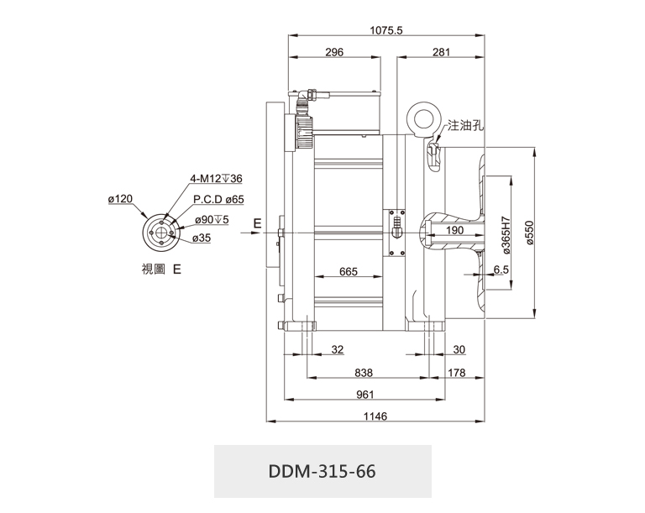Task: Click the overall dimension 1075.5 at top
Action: click(x=386, y=30)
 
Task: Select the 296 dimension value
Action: click(x=333, y=52)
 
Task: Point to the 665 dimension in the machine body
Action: click(x=349, y=271)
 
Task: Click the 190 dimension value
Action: click(x=454, y=230)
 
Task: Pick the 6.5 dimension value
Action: click(x=501, y=270)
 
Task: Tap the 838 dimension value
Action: click(x=364, y=371)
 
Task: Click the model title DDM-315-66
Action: click(x=322, y=471)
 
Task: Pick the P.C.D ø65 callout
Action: click(x=218, y=199)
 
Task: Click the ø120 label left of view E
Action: click(x=121, y=199)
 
